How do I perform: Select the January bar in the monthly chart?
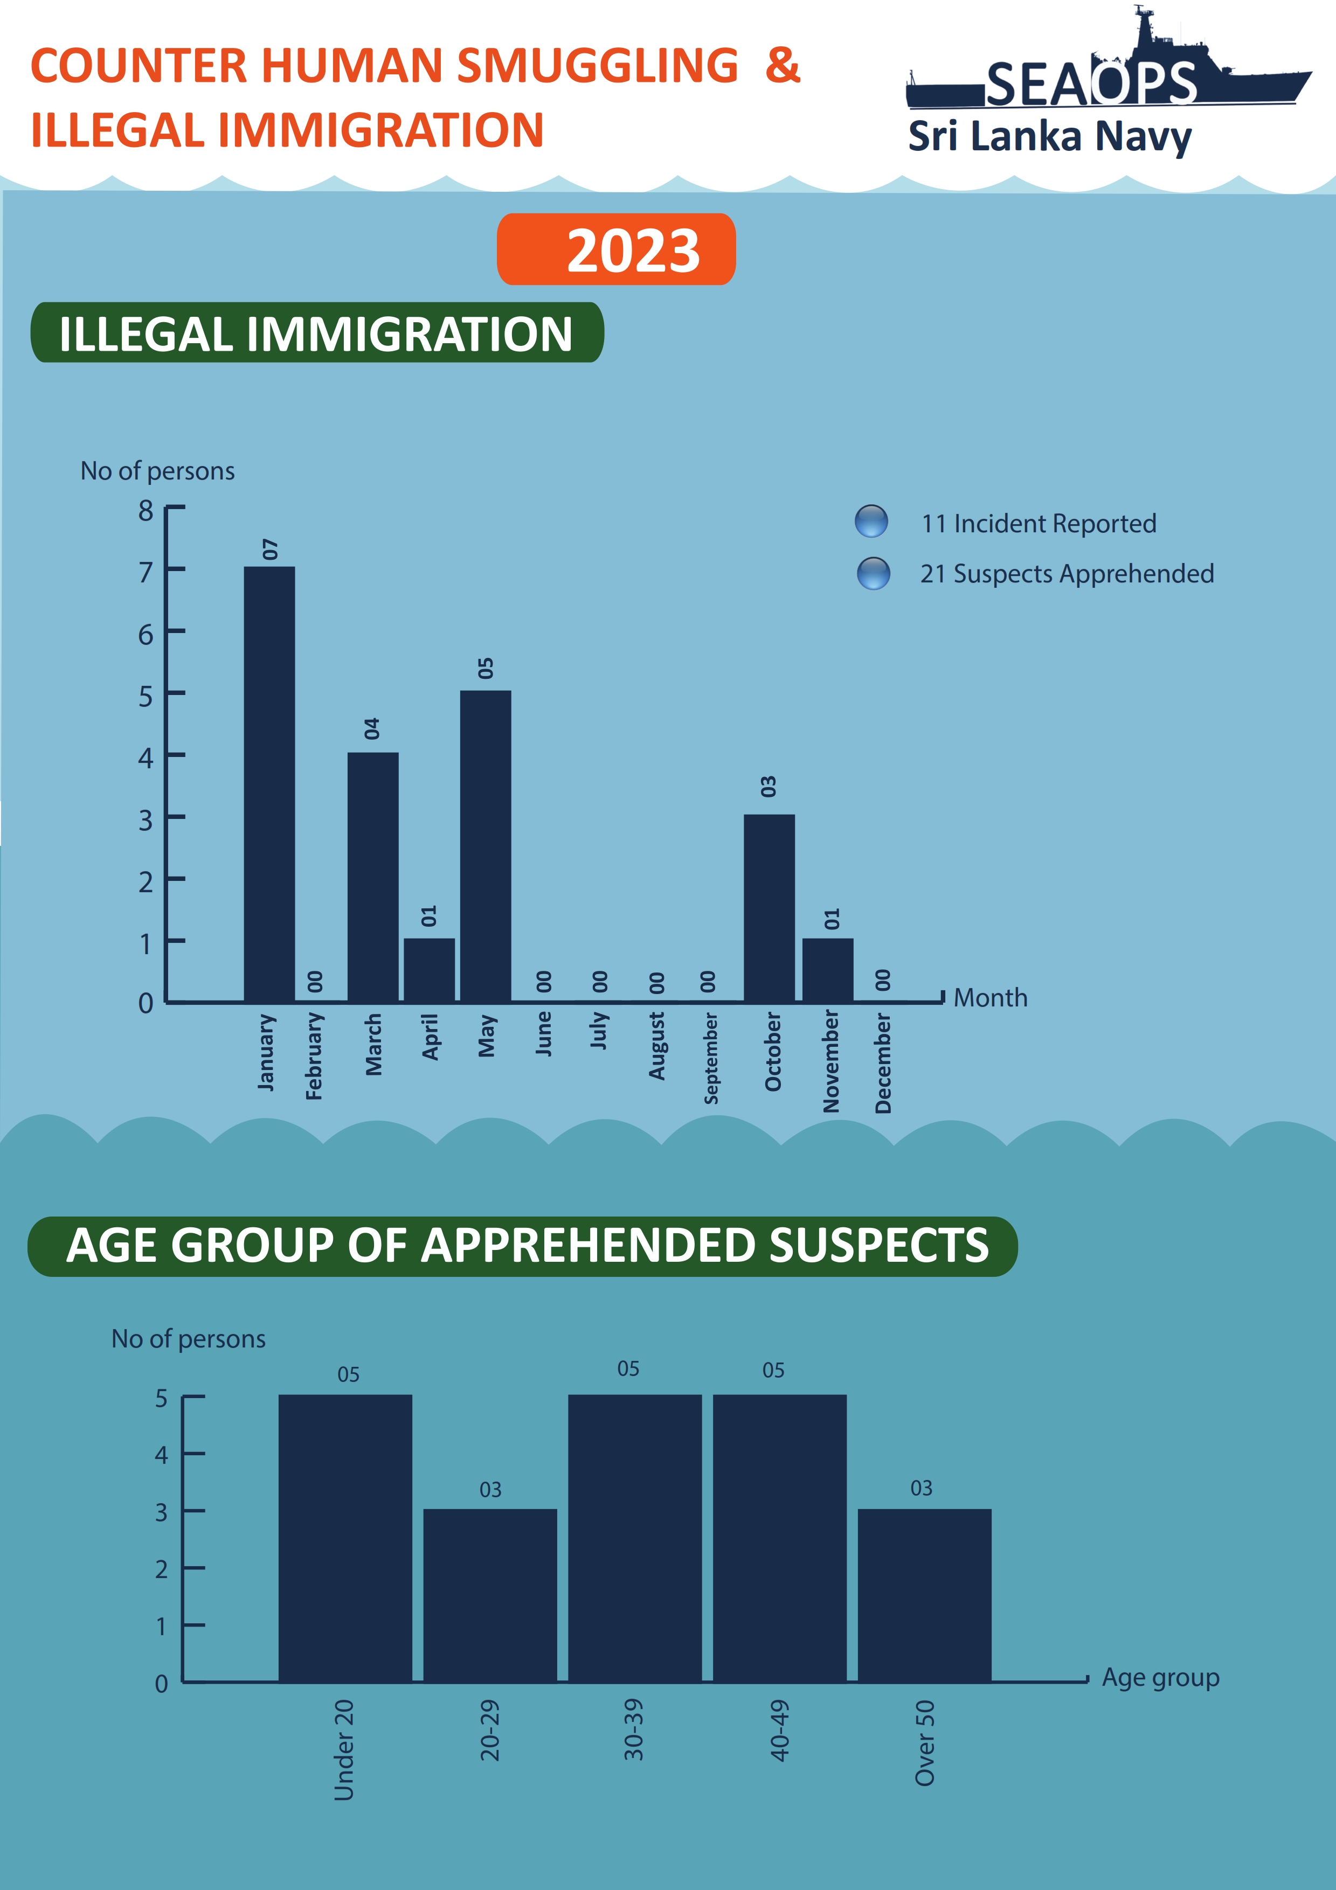point(269,784)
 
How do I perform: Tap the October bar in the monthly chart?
point(769,907)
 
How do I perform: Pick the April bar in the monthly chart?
point(429,970)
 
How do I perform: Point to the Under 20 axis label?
point(344,1749)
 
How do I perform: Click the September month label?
point(710,1058)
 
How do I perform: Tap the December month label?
point(882,1062)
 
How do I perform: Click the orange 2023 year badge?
point(617,249)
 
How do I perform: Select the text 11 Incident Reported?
point(1038,524)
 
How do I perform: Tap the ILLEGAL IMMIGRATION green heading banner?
point(317,332)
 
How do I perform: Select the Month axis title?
point(990,998)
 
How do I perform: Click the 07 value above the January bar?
point(270,549)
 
